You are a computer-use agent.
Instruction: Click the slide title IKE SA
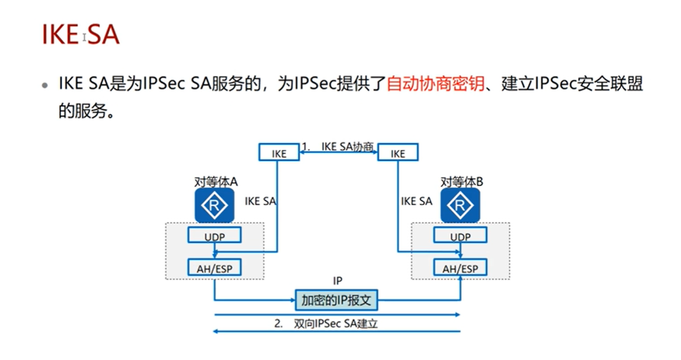[80, 35]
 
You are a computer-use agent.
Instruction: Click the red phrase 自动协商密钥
[435, 84]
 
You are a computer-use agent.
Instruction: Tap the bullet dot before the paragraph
[45, 85]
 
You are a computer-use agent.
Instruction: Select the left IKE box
[279, 153]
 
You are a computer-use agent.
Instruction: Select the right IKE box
[398, 153]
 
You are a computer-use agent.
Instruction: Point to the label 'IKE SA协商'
[347, 146]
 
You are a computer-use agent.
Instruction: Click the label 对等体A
[216, 182]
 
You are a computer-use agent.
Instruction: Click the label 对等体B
[461, 182]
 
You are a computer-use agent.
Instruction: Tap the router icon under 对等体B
[459, 205]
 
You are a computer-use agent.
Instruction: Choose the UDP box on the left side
[215, 237]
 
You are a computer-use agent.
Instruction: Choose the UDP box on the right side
[460, 237]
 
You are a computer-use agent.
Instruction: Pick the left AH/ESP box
[215, 268]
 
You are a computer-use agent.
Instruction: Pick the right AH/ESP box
[460, 268]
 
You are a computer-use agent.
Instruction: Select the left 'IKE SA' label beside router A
[260, 201]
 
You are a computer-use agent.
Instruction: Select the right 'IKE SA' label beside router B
[416, 201]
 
